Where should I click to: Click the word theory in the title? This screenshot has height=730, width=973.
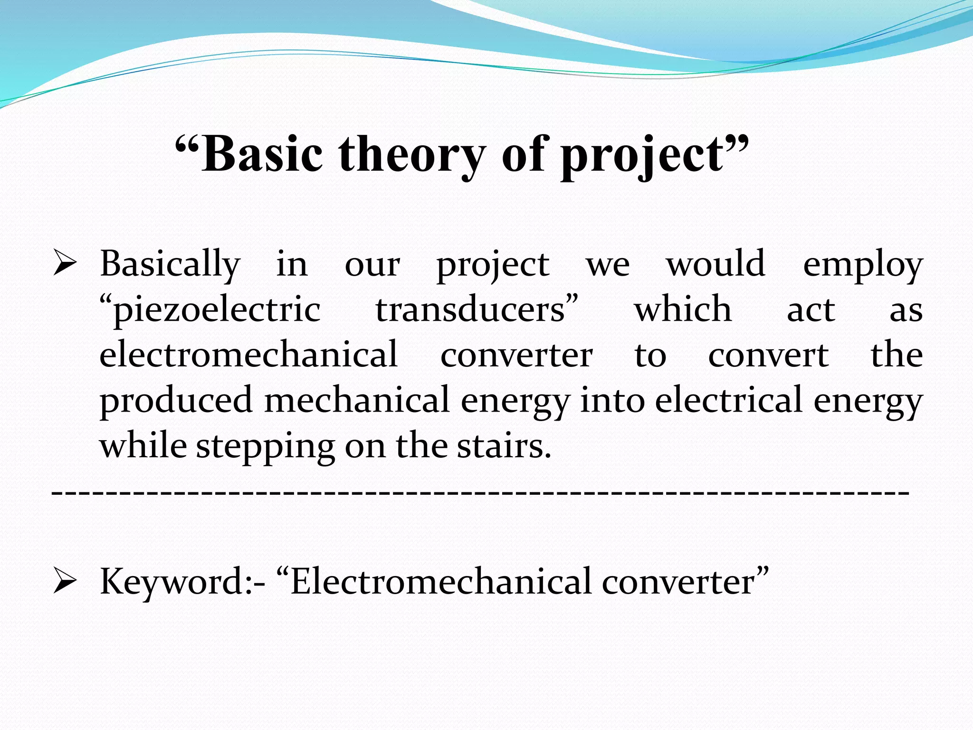[412, 154]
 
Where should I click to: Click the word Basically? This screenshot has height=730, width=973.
[170, 264]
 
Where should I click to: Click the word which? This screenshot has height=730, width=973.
[683, 309]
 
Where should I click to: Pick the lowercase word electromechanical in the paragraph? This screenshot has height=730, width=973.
[248, 355]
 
